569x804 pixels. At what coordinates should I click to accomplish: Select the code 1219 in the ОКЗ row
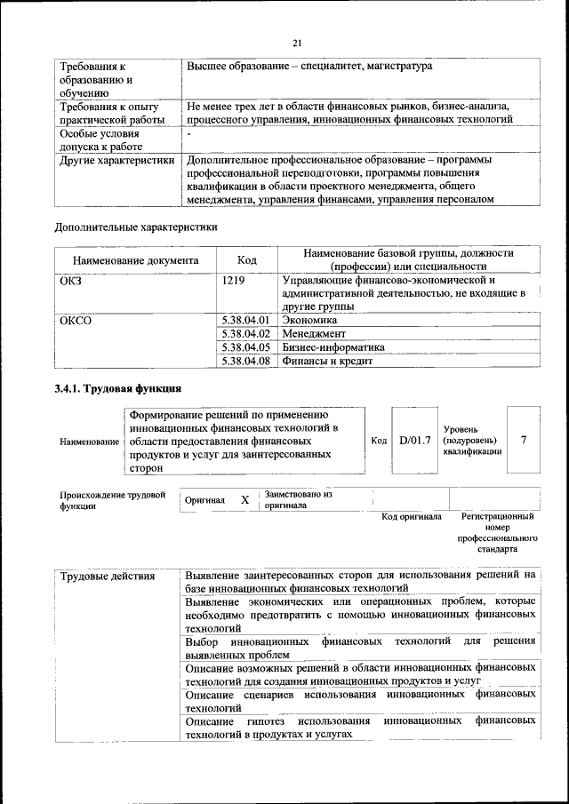click(x=233, y=281)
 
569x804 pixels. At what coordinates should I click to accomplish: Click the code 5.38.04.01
click(x=244, y=320)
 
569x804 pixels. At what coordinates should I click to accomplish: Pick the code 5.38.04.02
click(x=244, y=333)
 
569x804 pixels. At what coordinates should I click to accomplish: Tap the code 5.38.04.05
click(x=244, y=347)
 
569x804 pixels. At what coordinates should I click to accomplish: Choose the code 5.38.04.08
click(x=244, y=362)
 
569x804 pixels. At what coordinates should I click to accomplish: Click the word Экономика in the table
click(x=309, y=320)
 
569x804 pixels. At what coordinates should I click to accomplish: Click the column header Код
click(x=247, y=260)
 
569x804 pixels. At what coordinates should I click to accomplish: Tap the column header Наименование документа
click(x=136, y=261)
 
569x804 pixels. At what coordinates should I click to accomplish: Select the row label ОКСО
click(x=76, y=320)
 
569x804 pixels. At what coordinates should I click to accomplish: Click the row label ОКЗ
click(x=71, y=281)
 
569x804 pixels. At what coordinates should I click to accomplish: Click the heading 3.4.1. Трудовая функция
click(x=118, y=389)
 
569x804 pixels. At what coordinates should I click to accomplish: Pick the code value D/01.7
click(x=415, y=440)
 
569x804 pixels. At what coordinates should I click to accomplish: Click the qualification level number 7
click(x=525, y=440)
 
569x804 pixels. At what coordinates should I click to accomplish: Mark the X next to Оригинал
click(x=244, y=500)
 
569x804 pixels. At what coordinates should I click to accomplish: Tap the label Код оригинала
click(x=411, y=516)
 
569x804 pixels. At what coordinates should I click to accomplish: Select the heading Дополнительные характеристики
click(x=136, y=227)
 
